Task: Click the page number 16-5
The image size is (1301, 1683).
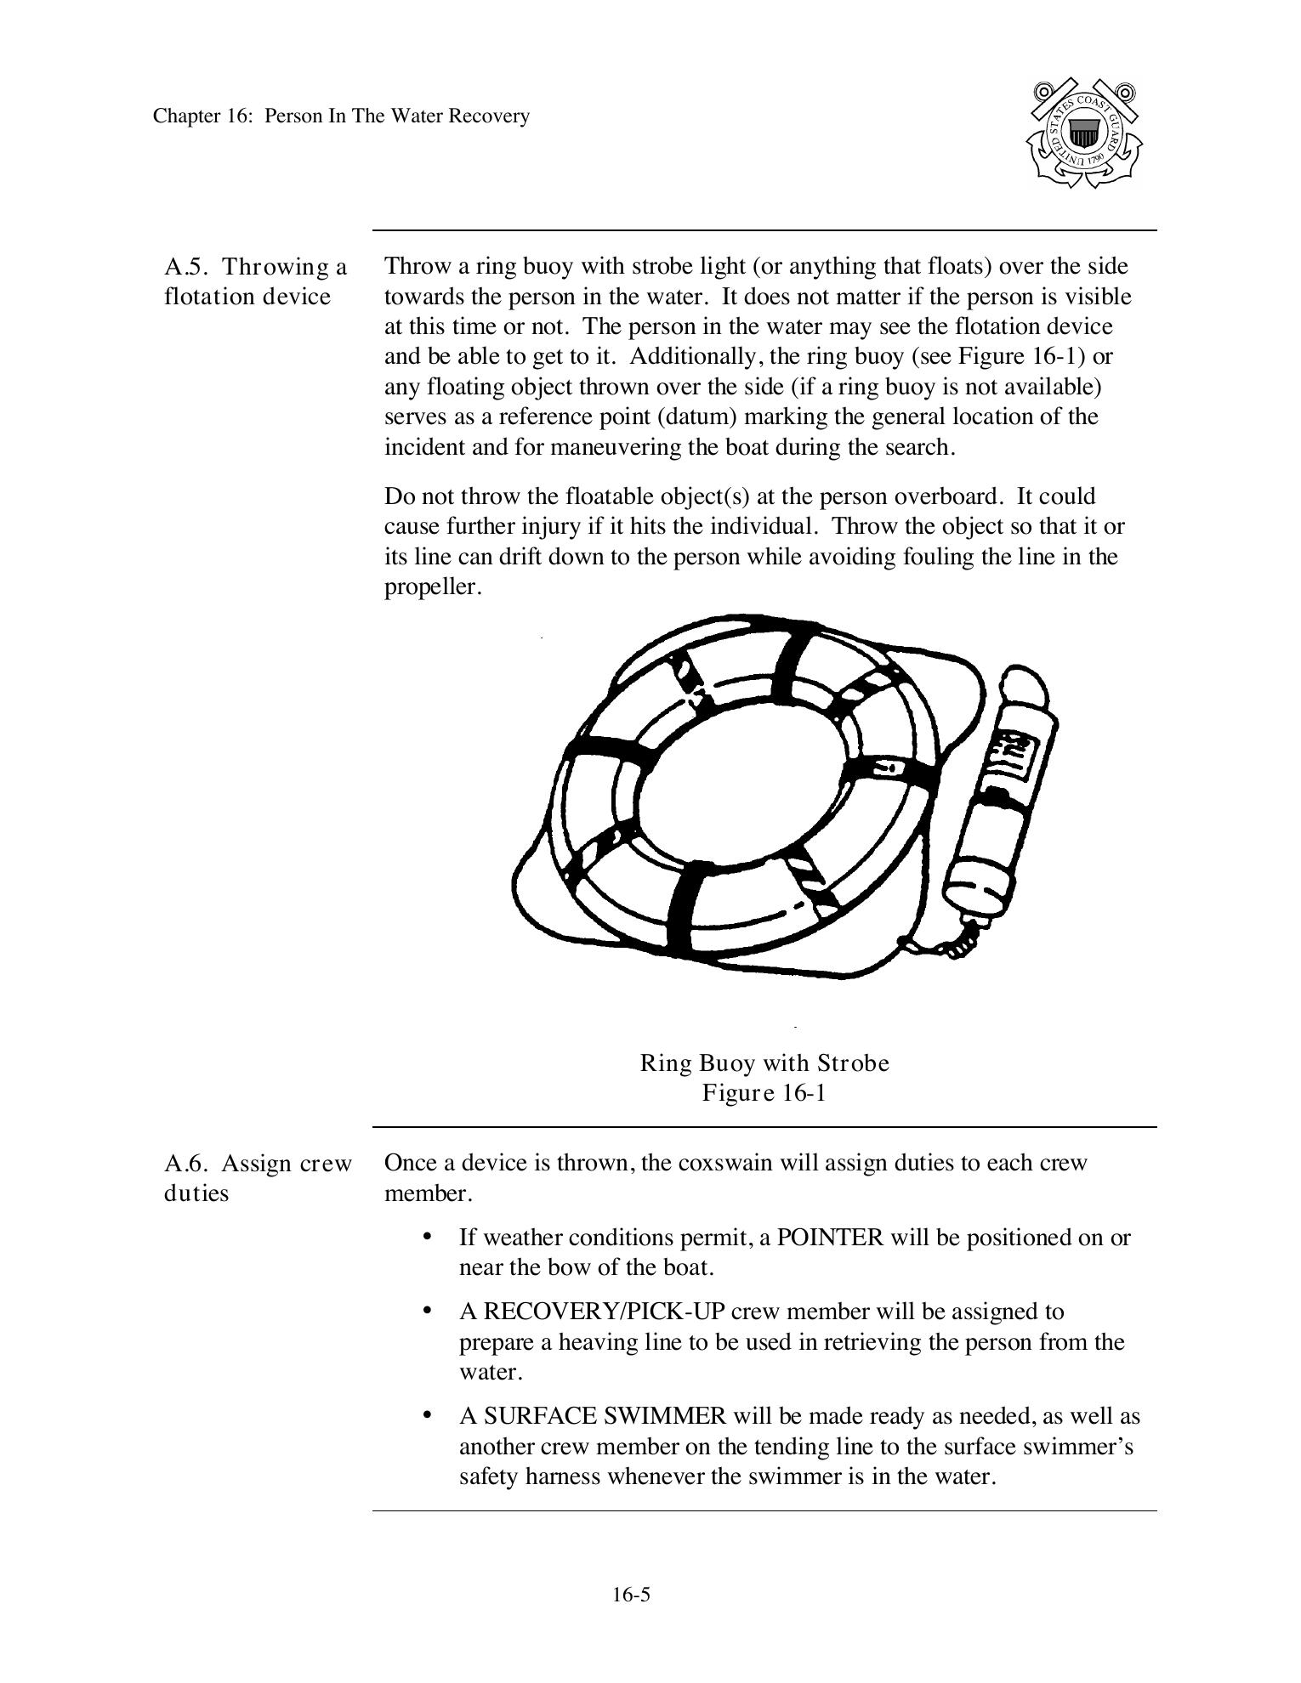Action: point(631,1595)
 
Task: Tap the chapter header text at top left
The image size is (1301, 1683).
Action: point(341,116)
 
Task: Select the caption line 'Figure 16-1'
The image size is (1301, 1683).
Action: point(764,1092)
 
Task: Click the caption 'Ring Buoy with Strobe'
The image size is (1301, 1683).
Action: point(764,1063)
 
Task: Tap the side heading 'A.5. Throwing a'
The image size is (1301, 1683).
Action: point(255,267)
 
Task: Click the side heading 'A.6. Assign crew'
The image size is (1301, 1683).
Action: point(258,1163)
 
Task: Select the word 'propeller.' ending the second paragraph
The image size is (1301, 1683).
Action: point(433,587)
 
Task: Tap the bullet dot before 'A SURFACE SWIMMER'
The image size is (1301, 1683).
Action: point(428,1415)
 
